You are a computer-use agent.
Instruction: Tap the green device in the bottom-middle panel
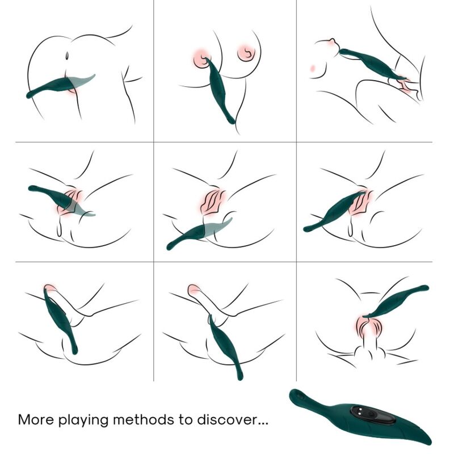pyautogui.click(x=224, y=343)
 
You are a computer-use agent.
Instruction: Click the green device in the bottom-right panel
pyautogui.click(x=397, y=300)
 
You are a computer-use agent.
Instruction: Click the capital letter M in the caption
pyautogui.click(x=24, y=421)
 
